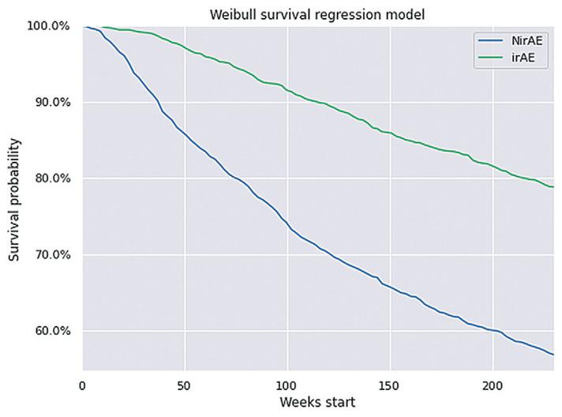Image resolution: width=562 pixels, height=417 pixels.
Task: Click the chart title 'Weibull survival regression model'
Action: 318,15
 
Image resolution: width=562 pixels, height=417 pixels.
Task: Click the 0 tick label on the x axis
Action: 83,385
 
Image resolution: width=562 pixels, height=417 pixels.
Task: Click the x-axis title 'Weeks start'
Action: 318,402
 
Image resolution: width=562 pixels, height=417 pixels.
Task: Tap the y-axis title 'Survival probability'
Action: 15,199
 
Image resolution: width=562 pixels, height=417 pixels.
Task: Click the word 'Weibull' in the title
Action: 234,15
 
